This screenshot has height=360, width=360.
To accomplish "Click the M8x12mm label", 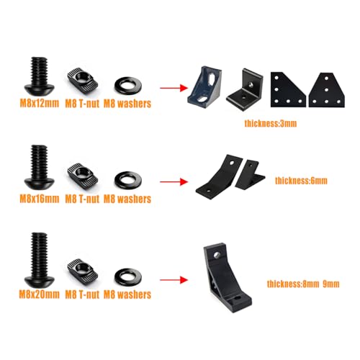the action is pyautogui.click(x=40, y=103).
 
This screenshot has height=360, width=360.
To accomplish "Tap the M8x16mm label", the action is pyautogui.click(x=40, y=199).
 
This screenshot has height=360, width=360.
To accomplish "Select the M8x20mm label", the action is pyautogui.click(x=40, y=294).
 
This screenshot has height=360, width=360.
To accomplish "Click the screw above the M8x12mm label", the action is pyautogui.click(x=40, y=75).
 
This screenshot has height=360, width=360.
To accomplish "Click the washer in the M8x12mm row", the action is pyautogui.click(x=127, y=86).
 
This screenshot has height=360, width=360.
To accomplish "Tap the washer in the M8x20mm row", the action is pyautogui.click(x=127, y=276).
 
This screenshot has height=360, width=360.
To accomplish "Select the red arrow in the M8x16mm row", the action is pyautogui.click(x=174, y=181).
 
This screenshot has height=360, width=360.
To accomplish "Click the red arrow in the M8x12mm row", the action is pyautogui.click(x=174, y=88).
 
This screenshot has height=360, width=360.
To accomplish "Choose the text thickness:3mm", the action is pyautogui.click(x=271, y=123).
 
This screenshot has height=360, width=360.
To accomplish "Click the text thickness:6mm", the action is pyautogui.click(x=301, y=181).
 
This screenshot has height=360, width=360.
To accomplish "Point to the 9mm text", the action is pyautogui.click(x=331, y=284).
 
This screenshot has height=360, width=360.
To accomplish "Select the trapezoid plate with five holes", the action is pyautogui.click(x=327, y=90).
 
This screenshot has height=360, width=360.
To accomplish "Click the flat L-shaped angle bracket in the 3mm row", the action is pyautogui.click(x=245, y=90).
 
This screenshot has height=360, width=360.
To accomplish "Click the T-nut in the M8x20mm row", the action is pyautogui.click(x=82, y=271).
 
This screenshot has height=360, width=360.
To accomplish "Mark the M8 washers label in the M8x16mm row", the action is pyautogui.click(x=127, y=199).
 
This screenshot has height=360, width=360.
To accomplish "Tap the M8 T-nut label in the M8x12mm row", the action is pyautogui.click(x=82, y=104).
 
